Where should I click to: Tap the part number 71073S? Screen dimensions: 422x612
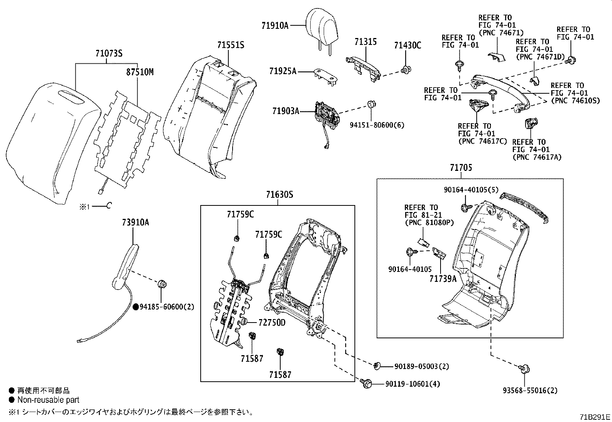(109, 54)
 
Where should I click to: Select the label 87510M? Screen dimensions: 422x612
(140, 72)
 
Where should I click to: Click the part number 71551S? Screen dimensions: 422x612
(230, 45)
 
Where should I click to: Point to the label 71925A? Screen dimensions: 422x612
(283, 71)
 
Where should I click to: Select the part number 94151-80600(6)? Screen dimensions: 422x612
(377, 125)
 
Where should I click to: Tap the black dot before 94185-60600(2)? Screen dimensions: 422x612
(136, 307)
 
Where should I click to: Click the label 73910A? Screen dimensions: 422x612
(136, 222)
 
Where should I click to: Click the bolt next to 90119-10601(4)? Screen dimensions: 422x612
(366, 383)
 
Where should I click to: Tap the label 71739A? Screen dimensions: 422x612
(443, 279)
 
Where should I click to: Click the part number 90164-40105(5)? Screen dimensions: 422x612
(471, 190)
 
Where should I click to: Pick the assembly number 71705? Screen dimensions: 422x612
(461, 168)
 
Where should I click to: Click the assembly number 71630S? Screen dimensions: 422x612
(279, 195)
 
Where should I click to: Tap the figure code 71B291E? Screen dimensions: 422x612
(595, 417)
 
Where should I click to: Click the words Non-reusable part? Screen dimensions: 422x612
(48, 400)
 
